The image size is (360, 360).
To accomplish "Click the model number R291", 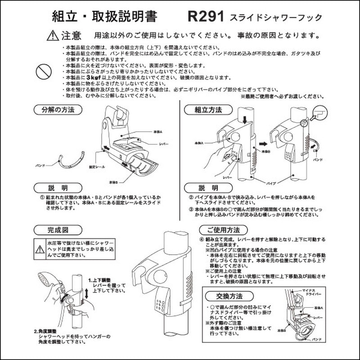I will point(206,18).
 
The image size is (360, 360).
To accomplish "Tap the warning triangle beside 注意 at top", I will point(53,35).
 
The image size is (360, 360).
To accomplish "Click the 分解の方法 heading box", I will point(58,109).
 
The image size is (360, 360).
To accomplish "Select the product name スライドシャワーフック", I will point(276,18).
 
